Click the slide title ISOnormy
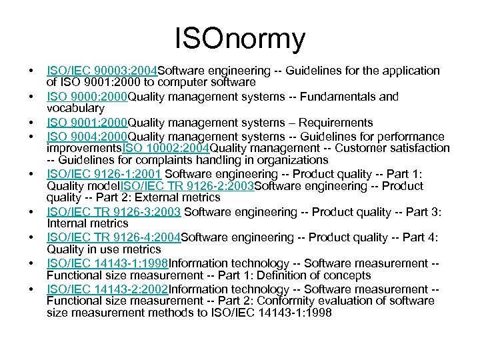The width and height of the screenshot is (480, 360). click(x=240, y=38)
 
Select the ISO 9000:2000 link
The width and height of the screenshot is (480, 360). click(x=87, y=97)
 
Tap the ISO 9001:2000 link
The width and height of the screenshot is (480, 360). click(x=87, y=123)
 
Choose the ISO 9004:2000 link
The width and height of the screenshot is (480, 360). click(x=87, y=137)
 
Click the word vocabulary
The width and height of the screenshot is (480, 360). click(x=75, y=108)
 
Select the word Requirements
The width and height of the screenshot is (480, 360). click(x=335, y=123)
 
